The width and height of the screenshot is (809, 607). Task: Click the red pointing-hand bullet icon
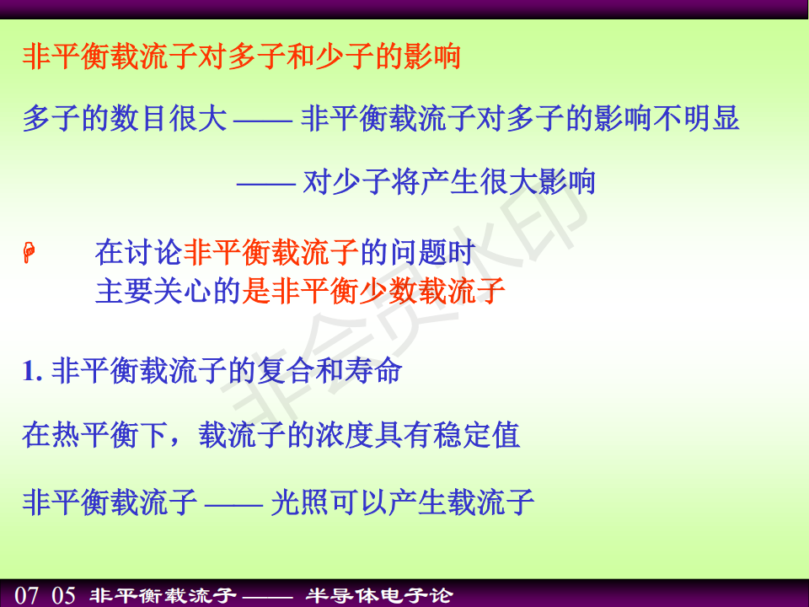click(29, 252)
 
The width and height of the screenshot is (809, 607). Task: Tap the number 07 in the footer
click(26, 595)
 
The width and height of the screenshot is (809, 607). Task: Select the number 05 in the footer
click(63, 595)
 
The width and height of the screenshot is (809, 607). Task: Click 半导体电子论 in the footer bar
click(379, 596)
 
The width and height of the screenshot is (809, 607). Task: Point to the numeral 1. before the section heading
click(32, 371)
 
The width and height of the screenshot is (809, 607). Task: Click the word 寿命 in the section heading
click(373, 371)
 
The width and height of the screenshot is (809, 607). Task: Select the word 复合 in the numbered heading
click(286, 371)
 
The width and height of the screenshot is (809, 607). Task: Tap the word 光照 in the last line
click(300, 502)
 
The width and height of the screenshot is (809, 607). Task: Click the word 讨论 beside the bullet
click(153, 252)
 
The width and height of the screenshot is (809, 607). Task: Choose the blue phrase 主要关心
click(153, 291)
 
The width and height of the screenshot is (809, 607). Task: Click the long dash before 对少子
click(265, 183)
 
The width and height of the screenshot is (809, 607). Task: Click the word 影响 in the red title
click(432, 56)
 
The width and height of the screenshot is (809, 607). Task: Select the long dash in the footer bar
click(267, 597)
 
